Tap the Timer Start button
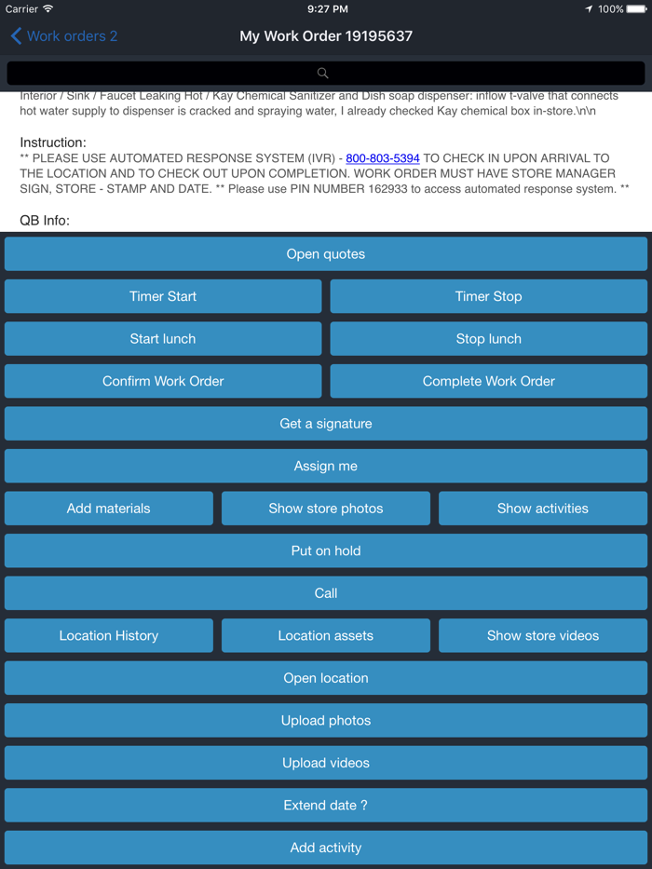(x=163, y=296)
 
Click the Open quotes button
(x=326, y=254)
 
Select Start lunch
(x=163, y=339)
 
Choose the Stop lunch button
(x=488, y=339)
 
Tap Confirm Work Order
(x=163, y=381)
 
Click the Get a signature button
(x=326, y=424)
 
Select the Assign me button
(x=326, y=466)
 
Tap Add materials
(x=109, y=509)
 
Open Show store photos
(x=326, y=509)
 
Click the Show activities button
(x=543, y=509)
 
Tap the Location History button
(x=109, y=635)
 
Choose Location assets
(x=326, y=635)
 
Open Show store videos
(x=543, y=635)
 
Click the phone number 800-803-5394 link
(x=383, y=158)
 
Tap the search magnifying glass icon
(x=323, y=73)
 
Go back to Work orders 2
(x=63, y=36)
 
